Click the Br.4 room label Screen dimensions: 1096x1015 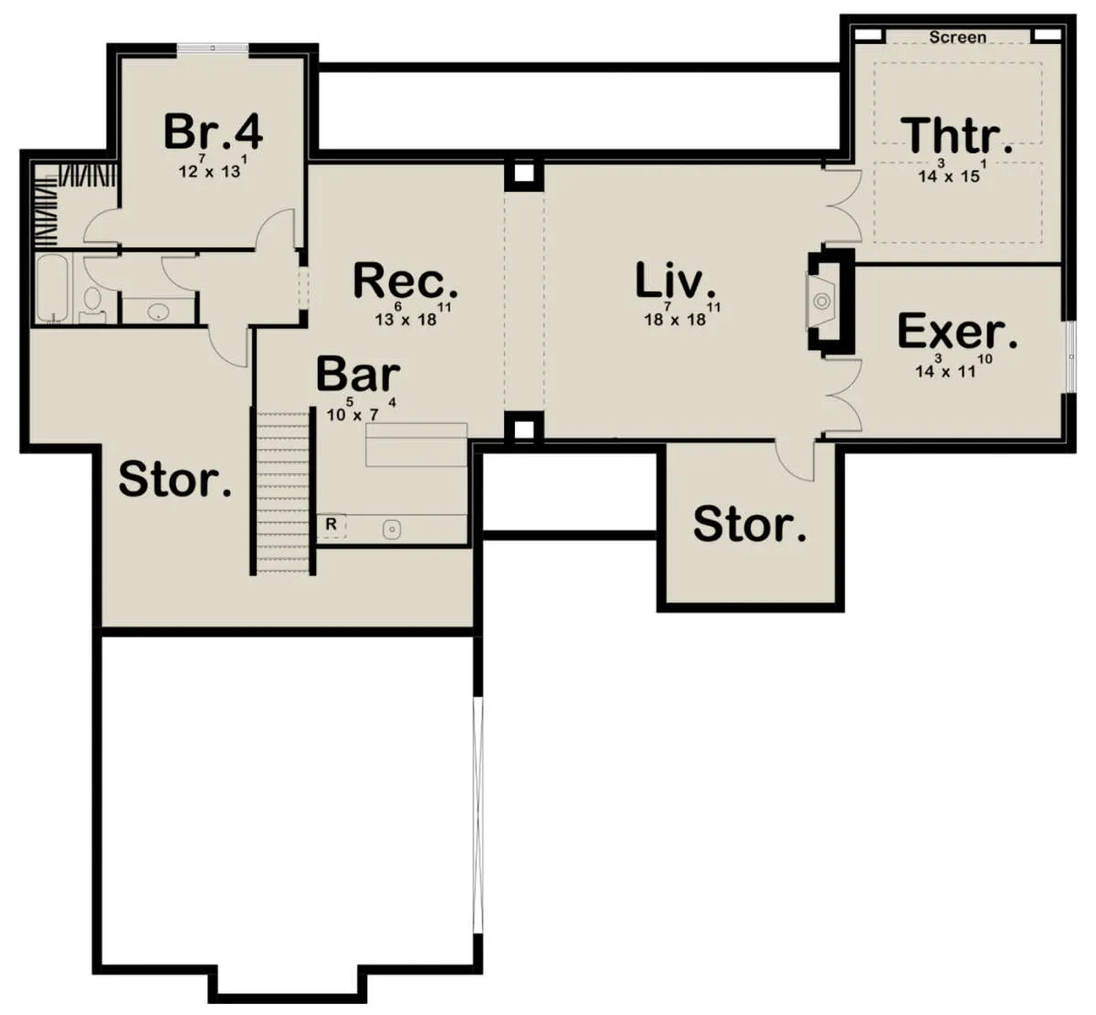[213, 132]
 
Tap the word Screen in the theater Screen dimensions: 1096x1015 [957, 37]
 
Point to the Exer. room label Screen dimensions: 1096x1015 [957, 331]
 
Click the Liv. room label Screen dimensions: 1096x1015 [675, 280]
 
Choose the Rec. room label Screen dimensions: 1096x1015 [406, 280]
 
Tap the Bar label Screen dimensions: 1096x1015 [358, 375]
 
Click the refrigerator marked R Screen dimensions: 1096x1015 [332, 525]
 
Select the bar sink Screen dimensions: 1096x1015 [392, 530]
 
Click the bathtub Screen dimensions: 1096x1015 [52, 288]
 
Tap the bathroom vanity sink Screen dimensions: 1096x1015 [158, 312]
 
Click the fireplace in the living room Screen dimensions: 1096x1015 [822, 301]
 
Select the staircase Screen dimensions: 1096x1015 [284, 492]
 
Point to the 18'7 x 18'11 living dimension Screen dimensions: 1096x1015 [682, 315]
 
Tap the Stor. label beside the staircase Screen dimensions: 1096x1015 [175, 480]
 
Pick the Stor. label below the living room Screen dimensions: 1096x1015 [750, 524]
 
